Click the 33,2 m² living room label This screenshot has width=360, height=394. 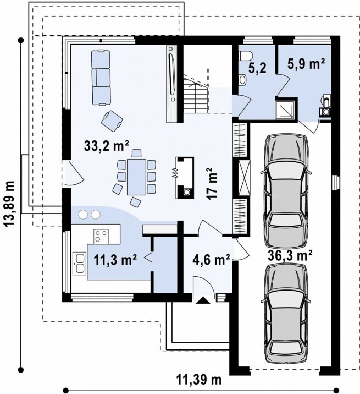(x=107, y=146)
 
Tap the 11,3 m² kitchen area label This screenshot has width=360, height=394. (x=115, y=260)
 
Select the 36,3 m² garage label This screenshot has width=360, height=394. (x=290, y=256)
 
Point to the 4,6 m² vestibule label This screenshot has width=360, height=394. (x=212, y=260)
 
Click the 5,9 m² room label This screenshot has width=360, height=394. (x=306, y=64)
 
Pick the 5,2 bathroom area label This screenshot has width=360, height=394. (x=257, y=68)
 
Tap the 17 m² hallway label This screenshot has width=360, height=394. (x=213, y=183)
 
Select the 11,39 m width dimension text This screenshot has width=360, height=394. (x=200, y=380)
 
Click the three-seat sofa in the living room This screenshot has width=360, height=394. (x=101, y=78)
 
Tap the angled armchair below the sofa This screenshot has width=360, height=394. (x=112, y=121)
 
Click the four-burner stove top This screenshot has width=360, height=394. (x=101, y=237)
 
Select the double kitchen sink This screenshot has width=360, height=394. (x=79, y=264)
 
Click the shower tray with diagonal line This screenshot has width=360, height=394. (x=286, y=110)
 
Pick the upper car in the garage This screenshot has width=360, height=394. (x=286, y=191)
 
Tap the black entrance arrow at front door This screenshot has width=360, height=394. (x=203, y=300)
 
